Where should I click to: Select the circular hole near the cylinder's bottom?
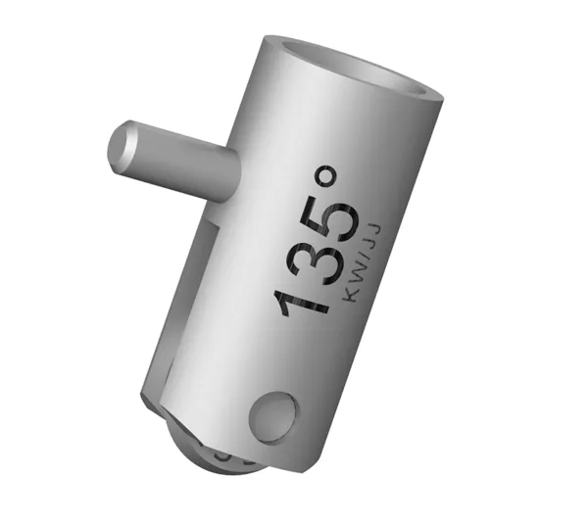(x=270, y=417)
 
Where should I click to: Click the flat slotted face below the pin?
(x=186, y=294)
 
